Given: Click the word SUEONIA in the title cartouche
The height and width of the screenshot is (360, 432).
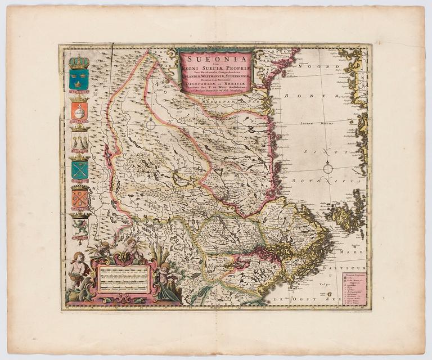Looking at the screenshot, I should [215, 57].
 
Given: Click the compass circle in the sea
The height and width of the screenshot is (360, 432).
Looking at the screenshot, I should [328, 167].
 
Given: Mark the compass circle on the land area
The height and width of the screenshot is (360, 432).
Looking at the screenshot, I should [150, 125].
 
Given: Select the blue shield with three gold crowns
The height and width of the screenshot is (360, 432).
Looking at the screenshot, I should [79, 79].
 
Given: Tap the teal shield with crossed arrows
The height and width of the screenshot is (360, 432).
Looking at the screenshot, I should [79, 169].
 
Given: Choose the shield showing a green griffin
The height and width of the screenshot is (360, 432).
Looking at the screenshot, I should [79, 226].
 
